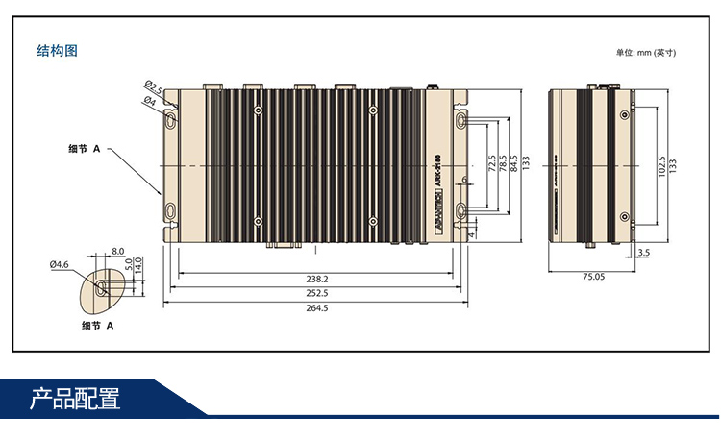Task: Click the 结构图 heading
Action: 57,51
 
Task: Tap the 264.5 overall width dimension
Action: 316,308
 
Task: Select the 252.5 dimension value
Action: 316,293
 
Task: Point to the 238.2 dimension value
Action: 316,278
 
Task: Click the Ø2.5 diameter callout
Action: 153,87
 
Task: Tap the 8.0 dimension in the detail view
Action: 117,251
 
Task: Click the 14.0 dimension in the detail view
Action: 139,262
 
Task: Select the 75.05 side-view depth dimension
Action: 593,278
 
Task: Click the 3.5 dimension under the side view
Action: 643,253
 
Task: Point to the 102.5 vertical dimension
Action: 660,165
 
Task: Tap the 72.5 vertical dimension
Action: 492,164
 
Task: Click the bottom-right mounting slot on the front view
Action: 461,210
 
